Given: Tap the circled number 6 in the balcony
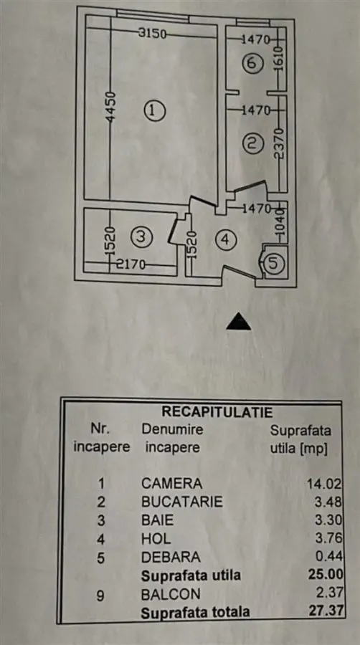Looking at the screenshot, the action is (x=252, y=64).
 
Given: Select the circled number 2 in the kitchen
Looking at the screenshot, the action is (x=252, y=143).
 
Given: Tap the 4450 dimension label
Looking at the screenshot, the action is (x=110, y=107).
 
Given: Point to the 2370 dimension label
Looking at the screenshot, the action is (x=280, y=143).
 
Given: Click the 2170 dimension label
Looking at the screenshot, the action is (x=131, y=265).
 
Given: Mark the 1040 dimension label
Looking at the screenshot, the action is (x=281, y=226).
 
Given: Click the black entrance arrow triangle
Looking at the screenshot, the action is (x=238, y=322).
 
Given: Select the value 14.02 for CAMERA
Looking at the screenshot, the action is (x=325, y=484).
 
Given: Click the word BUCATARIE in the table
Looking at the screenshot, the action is (x=182, y=502).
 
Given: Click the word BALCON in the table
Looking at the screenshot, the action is (x=171, y=594).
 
